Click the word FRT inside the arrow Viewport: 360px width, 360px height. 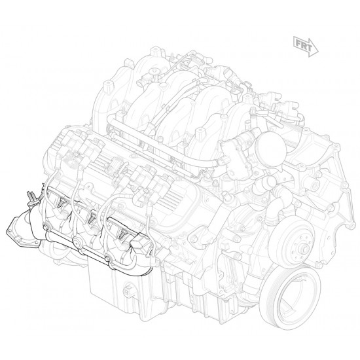(304, 46)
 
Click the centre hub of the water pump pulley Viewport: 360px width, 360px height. (305, 249)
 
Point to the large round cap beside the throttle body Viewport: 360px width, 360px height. (272, 147)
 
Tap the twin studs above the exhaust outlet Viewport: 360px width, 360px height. (31, 196)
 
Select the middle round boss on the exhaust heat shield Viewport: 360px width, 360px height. (77, 242)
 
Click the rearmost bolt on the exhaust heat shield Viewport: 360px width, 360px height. (45, 226)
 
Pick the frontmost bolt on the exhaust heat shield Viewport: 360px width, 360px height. (107, 259)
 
